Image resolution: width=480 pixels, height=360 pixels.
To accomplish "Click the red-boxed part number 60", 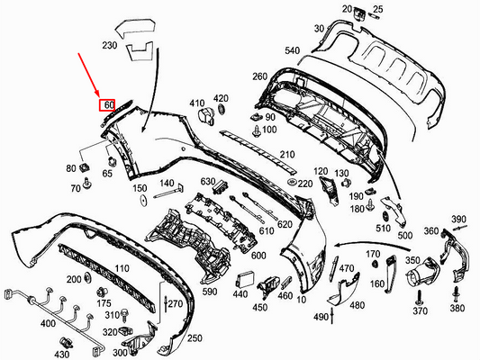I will [x=108, y=105].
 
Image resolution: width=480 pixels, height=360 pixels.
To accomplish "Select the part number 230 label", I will [x=110, y=45].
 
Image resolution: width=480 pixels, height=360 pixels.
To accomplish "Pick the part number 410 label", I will [x=197, y=103].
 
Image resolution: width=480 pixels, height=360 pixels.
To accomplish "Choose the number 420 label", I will [x=221, y=97].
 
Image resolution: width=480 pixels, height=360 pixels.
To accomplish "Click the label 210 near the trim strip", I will [x=287, y=154].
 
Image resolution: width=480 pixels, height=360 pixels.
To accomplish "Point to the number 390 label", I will [x=458, y=220].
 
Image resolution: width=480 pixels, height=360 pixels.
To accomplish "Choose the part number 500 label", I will [x=405, y=235].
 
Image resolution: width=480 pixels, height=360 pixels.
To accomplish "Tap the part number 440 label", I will [x=240, y=294].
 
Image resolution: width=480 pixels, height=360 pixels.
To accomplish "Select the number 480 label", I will [x=357, y=304].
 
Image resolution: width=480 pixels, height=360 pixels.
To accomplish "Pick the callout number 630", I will [x=208, y=183].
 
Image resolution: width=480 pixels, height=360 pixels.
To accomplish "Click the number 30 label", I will [x=319, y=28].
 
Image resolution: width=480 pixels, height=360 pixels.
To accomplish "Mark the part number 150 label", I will [x=140, y=190].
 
